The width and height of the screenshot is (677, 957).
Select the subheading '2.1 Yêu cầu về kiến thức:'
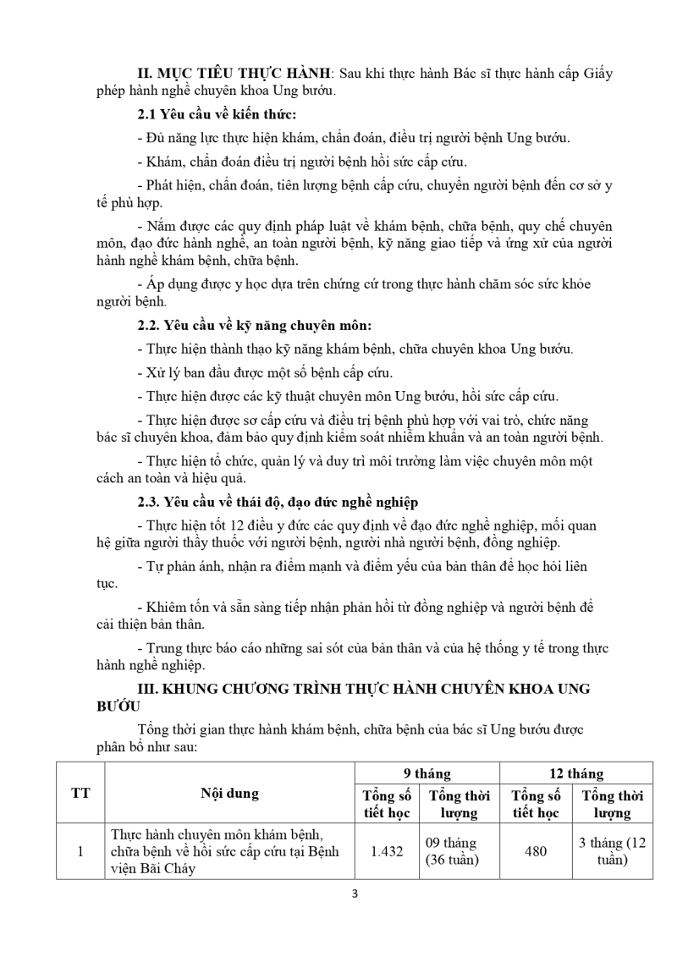coord(217,113)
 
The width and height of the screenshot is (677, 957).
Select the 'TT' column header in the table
coord(80,793)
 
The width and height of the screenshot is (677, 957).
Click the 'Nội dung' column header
coord(229,793)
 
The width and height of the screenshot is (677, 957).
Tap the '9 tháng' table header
coord(427,773)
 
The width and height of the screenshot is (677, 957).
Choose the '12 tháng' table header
coord(575,773)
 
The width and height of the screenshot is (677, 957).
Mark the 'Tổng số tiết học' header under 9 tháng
coord(387,804)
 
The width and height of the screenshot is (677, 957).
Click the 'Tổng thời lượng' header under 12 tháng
coord(612,804)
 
